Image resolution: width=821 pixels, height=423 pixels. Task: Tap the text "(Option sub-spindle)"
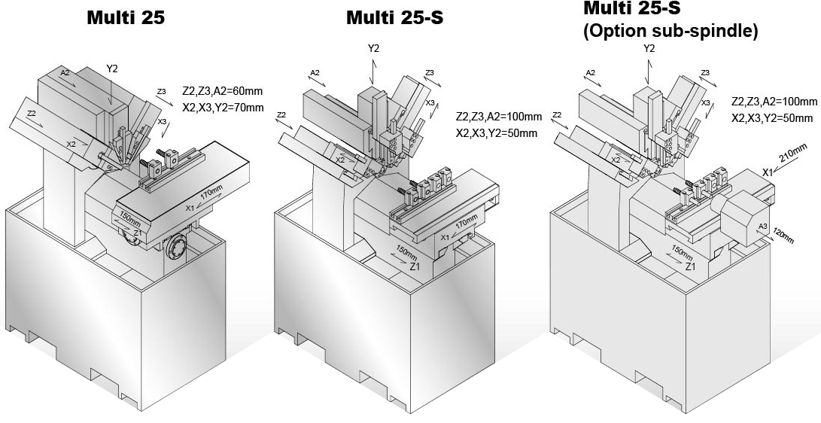pyautogui.click(x=670, y=32)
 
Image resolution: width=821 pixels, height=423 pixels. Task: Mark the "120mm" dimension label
pyautogui.click(x=782, y=236)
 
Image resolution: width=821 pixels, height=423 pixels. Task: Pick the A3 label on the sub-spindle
pyautogui.click(x=762, y=227)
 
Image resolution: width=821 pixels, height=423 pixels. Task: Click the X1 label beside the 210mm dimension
pyautogui.click(x=768, y=172)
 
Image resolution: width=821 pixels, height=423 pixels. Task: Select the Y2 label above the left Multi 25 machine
pyautogui.click(x=112, y=68)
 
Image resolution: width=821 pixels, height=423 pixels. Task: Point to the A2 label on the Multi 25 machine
pyautogui.click(x=65, y=73)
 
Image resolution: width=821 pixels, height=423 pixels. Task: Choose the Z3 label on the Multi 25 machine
pyautogui.click(x=161, y=91)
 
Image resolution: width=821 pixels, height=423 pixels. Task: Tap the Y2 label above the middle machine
pyautogui.click(x=373, y=49)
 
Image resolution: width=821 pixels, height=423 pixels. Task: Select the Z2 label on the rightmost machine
pyautogui.click(x=558, y=115)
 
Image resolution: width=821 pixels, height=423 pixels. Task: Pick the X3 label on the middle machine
pyautogui.click(x=430, y=102)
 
